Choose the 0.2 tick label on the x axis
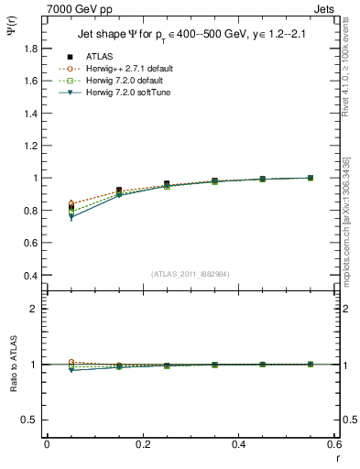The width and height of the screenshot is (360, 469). tap(143, 446)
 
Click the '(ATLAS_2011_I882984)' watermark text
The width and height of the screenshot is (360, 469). tap(190, 274)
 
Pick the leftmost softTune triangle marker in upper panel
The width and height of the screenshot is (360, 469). tap(71, 218)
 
